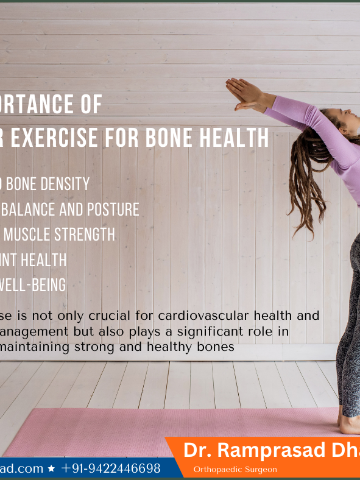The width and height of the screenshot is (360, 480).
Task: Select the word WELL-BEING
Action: coord(34,285)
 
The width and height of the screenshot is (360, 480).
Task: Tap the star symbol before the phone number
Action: coord(51,469)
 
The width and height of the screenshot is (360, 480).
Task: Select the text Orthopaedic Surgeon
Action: coord(235,469)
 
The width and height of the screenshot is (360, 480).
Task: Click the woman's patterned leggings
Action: coord(349,341)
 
